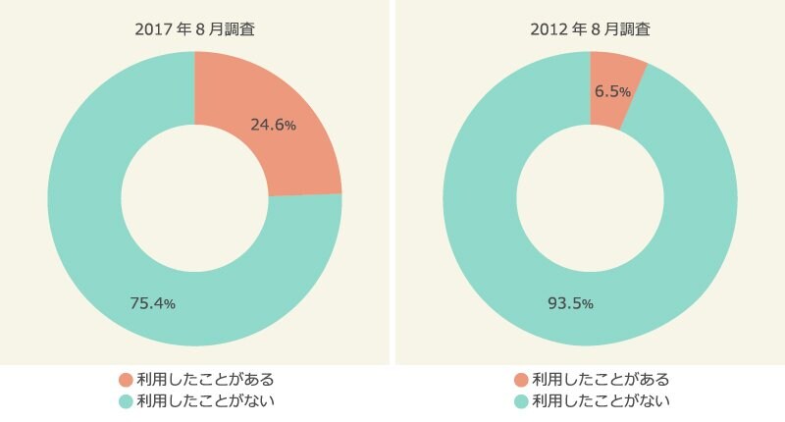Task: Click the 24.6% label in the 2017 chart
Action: pos(273,125)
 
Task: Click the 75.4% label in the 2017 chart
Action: pos(152,303)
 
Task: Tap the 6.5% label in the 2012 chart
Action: pos(613,90)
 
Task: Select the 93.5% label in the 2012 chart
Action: pos(570,303)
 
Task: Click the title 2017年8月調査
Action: pos(194,29)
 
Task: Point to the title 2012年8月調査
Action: pos(590,29)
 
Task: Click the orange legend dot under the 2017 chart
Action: pos(125,380)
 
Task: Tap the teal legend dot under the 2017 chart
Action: pos(125,401)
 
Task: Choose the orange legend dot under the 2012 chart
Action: pos(520,380)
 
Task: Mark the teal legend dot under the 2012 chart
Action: pos(520,401)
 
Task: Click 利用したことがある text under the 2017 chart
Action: pos(205,380)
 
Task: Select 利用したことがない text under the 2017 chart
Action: pos(205,401)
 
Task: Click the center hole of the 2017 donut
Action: pos(194,198)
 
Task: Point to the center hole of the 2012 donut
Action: pos(590,198)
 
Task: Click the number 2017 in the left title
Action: pos(152,29)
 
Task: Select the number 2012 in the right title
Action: pos(548,29)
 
